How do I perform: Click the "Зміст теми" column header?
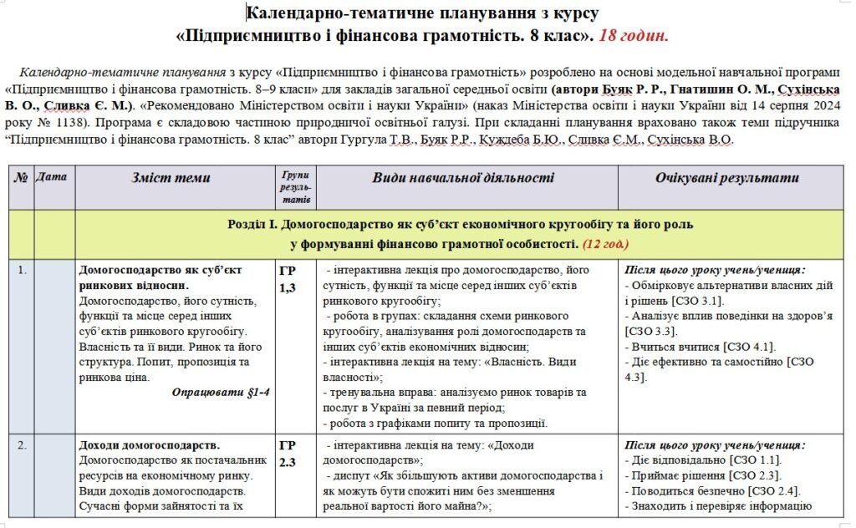171,178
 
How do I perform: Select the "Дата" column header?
53,177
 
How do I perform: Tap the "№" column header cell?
22,177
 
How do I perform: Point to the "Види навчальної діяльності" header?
463,178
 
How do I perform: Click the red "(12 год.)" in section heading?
606,244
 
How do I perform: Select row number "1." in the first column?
22,270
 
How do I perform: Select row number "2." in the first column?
22,444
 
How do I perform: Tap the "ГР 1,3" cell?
288,278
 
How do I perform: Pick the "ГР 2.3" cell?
288,453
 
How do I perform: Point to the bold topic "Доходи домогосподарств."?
149,444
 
